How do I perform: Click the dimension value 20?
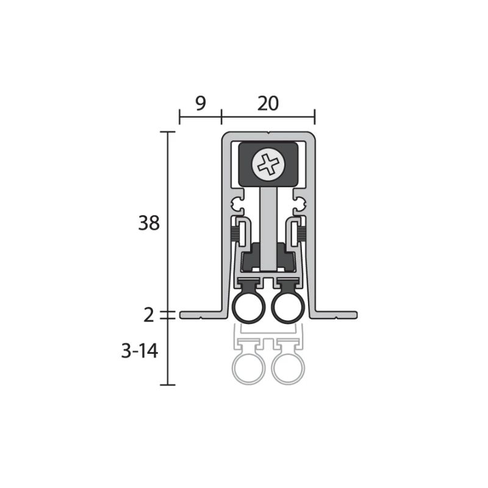pyautogui.click(x=268, y=104)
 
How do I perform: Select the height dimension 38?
pyautogui.click(x=149, y=224)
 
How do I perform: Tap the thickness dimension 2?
pyautogui.click(x=149, y=315)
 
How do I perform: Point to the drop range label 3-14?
pyautogui.click(x=140, y=352)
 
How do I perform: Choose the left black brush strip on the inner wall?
pyautogui.click(x=234, y=232)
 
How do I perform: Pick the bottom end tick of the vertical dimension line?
pyautogui.click(x=168, y=385)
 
